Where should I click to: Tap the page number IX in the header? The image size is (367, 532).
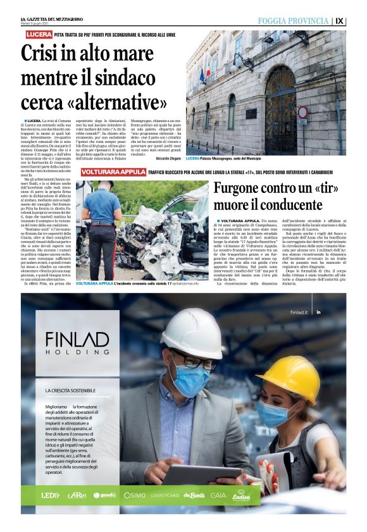[x=357, y=21]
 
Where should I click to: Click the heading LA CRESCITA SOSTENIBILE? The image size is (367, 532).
[x=71, y=391]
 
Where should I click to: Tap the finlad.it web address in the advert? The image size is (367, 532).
[x=299, y=312]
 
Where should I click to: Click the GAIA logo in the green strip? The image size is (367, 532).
[x=218, y=495]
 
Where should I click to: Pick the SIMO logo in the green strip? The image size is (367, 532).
[x=134, y=495]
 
